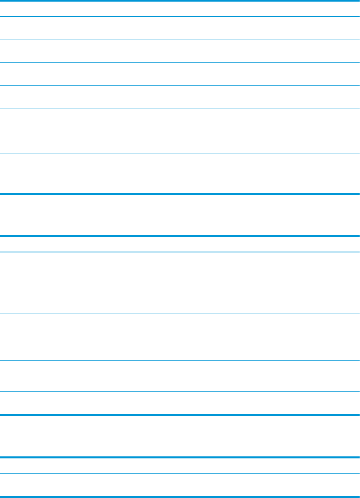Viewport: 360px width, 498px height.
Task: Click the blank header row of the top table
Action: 180,9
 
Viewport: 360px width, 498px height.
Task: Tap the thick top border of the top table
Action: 180,1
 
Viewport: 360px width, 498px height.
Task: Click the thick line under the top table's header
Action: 180,16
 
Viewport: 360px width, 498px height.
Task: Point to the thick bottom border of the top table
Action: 180,194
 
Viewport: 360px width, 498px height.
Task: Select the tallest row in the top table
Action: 180,174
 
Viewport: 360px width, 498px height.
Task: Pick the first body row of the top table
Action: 180,28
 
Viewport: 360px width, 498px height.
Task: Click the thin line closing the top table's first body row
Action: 180,40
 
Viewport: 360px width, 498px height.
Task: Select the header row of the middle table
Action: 180,244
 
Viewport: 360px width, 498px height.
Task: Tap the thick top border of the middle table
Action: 180,236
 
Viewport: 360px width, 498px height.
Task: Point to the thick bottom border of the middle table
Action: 180,415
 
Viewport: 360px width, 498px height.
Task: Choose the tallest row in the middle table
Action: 180,337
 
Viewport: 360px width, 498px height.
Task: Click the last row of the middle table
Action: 180,402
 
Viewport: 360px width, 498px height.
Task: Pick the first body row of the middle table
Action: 180,263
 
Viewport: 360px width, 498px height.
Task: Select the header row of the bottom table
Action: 180,466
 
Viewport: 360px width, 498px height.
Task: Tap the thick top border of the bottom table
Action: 180,458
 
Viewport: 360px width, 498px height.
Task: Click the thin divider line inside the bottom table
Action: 180,474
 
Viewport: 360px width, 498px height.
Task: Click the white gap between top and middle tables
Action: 180,215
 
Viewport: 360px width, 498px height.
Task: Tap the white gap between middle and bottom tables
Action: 180,436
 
